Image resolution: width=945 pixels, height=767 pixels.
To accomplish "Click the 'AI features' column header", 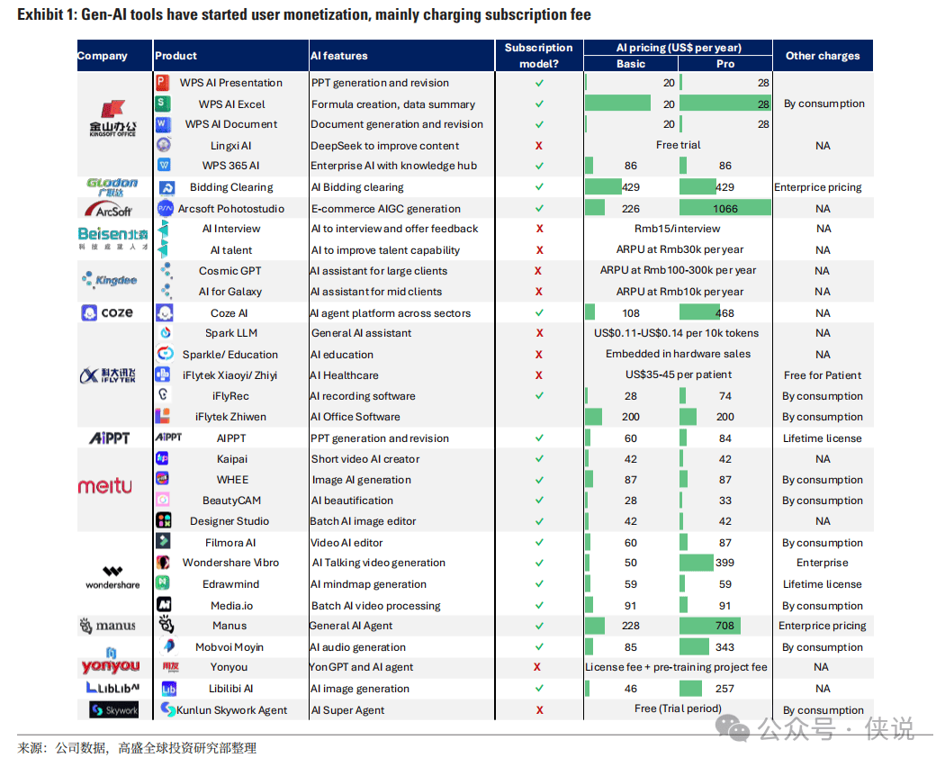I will click(339, 56).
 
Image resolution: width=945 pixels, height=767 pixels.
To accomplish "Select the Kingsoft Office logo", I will click(113, 118).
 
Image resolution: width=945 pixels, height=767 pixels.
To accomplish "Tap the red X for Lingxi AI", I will click(538, 146).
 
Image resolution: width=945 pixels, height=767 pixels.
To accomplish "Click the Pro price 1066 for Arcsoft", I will click(725, 209).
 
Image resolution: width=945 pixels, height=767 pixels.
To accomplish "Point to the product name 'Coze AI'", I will click(229, 313).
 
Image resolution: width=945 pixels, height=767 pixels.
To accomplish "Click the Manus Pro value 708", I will click(725, 626).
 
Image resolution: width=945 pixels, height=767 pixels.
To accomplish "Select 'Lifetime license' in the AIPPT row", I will click(822, 438).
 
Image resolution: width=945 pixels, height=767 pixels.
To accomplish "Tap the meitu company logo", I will click(104, 486).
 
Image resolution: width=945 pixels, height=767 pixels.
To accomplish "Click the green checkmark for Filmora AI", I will click(538, 543).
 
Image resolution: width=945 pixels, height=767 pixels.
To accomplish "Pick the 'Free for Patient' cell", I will click(822, 375).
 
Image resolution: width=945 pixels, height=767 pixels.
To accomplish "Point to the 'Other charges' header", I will click(822, 56).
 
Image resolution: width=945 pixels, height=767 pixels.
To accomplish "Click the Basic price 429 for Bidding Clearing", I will click(631, 187).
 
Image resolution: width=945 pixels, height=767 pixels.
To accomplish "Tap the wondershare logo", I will click(113, 577).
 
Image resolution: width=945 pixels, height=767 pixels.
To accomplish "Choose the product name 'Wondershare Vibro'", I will click(230, 563).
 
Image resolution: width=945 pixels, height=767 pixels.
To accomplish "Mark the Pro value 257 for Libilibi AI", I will click(725, 689).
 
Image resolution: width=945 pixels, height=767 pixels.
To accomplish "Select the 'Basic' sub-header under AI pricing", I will click(631, 64).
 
